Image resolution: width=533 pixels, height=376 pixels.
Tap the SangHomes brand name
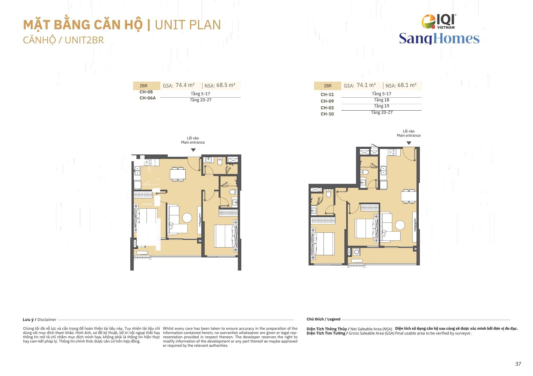coord(439,39)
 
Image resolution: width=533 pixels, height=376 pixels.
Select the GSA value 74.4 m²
coord(185,85)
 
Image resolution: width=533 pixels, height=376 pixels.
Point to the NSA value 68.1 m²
coord(407,85)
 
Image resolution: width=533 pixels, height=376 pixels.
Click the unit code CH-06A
coord(148,98)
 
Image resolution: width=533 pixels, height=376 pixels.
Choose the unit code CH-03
coord(327,108)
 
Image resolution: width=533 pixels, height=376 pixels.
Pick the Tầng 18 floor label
coord(381,100)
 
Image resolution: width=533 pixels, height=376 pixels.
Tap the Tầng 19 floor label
coord(381,106)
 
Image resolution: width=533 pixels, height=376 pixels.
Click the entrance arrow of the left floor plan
coord(193,150)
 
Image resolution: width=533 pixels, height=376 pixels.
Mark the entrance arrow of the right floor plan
coord(409,143)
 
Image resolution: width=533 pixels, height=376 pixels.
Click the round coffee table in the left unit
coord(187,218)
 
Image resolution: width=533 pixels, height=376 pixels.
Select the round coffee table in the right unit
coord(400,225)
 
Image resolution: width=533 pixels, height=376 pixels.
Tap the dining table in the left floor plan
coord(178,174)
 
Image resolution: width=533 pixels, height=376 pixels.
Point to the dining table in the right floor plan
coord(409,196)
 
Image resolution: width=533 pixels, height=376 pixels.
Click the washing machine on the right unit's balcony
coord(357,252)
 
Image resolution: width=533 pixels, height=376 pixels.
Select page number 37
coord(518,364)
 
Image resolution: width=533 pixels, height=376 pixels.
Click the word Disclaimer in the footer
coord(47,320)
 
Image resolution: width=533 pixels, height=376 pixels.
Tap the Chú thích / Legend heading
coord(324,319)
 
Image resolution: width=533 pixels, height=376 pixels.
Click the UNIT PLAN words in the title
coord(188,25)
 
